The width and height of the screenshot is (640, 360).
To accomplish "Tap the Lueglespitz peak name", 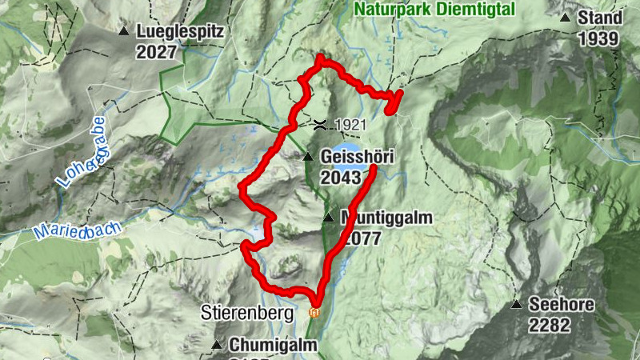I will point(181,32).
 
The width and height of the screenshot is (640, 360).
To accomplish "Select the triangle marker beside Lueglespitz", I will point(124,32).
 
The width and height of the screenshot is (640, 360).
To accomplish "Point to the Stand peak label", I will point(600,18).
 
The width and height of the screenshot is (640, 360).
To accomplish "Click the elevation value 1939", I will point(600,38).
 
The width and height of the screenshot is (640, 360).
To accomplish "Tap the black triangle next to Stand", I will point(566,18).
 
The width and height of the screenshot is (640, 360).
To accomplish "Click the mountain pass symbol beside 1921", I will point(320,124).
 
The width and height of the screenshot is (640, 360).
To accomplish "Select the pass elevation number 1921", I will point(350,125).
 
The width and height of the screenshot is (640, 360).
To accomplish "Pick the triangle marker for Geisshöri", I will point(308,157).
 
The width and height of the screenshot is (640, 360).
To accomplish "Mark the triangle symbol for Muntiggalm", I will point(328,218).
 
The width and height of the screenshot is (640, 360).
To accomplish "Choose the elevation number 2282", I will point(549,325).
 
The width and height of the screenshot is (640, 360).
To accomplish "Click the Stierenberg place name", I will point(248,313).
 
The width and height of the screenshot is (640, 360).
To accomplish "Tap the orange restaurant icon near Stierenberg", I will point(314,312).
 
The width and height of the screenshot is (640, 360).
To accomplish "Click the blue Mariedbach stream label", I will point(78,231).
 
